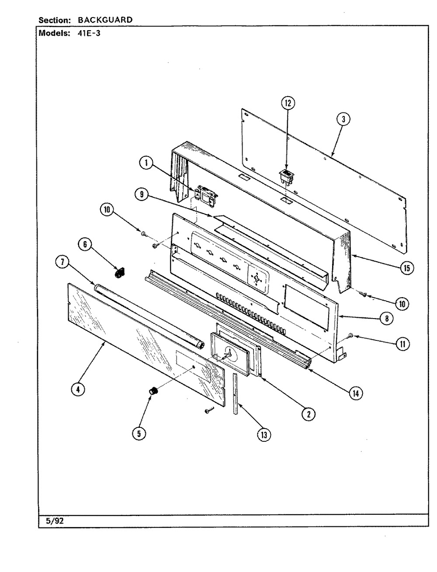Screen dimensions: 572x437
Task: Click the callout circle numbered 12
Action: click(288, 103)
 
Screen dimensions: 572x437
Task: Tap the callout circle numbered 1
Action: click(146, 163)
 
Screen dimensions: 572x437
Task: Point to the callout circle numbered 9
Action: click(141, 195)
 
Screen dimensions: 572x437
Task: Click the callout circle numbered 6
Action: click(86, 244)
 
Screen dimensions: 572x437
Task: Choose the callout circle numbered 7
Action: click(62, 262)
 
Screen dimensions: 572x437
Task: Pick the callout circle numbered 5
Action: click(140, 433)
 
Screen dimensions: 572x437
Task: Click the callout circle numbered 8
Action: click(386, 319)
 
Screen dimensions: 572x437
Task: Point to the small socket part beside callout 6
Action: click(117, 274)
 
